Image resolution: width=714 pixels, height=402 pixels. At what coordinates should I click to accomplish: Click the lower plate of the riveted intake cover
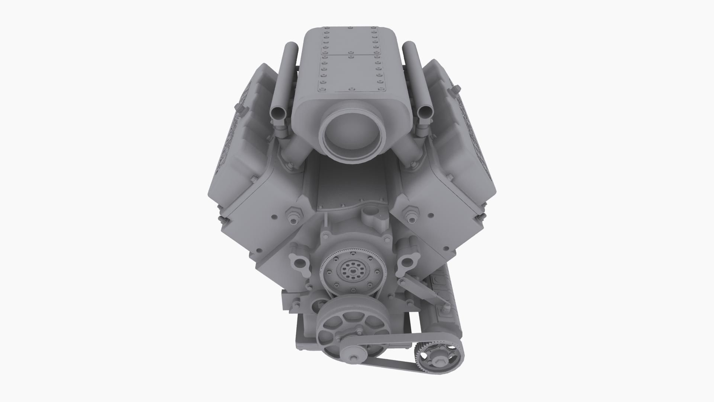tap(350, 73)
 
